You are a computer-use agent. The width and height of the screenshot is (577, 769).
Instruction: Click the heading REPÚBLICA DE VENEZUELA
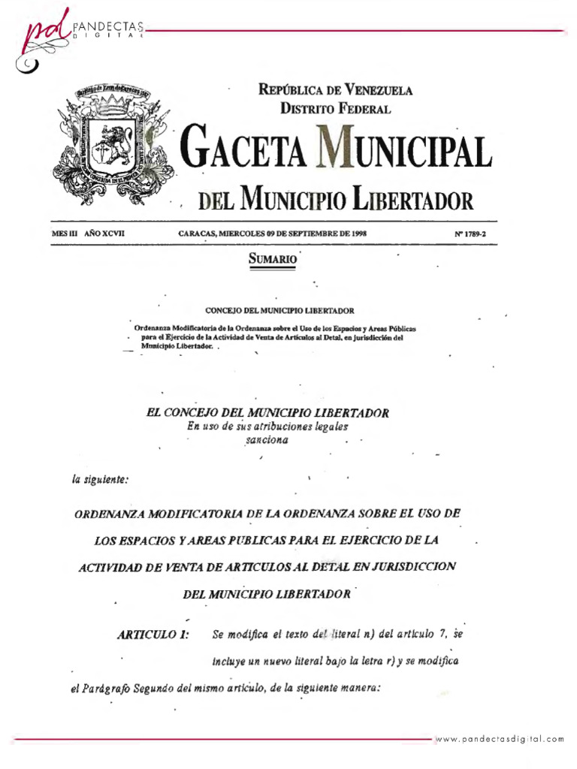coord(335,91)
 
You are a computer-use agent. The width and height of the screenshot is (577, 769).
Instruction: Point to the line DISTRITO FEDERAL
coord(335,109)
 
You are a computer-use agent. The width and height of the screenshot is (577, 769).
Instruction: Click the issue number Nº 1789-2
coord(471,234)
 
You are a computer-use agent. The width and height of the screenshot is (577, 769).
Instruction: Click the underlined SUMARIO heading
coord(271,258)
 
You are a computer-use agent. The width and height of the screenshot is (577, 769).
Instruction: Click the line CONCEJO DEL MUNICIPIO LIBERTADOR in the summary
coord(279,309)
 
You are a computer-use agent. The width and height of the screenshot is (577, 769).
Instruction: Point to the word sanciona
coord(266,441)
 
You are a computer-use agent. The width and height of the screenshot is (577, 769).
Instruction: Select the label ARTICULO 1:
coord(153,635)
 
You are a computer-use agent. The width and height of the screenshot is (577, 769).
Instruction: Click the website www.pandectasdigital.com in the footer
coord(500,738)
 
